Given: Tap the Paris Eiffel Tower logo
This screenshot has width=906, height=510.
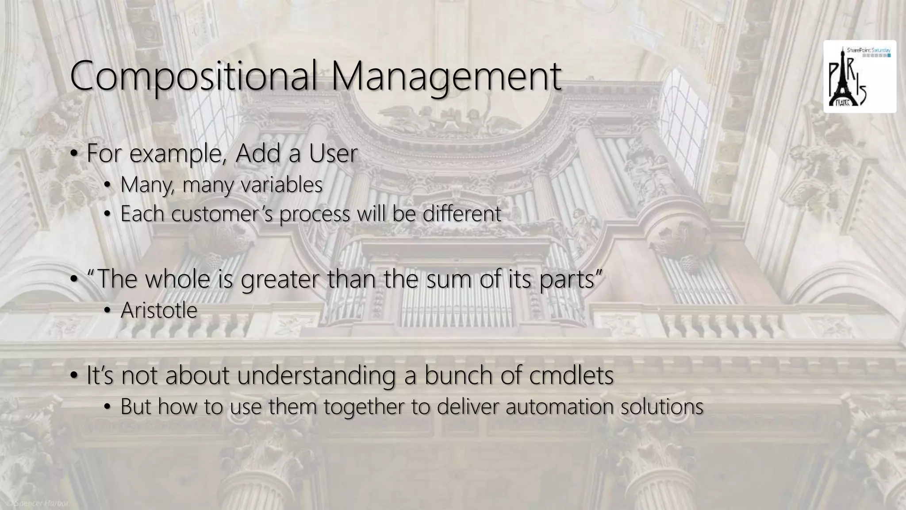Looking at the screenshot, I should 859,77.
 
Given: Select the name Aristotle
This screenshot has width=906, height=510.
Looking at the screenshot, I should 159,310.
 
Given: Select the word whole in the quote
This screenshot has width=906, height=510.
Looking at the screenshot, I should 177,280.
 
